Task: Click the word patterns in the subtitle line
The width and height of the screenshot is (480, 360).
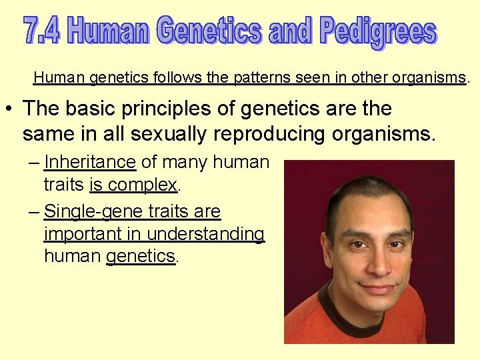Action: coord(259,77)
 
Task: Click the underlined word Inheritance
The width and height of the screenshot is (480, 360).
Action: coord(89,162)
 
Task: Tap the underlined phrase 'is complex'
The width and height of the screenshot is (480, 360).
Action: coord(133,184)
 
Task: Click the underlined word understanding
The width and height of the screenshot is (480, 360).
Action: coord(205,234)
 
